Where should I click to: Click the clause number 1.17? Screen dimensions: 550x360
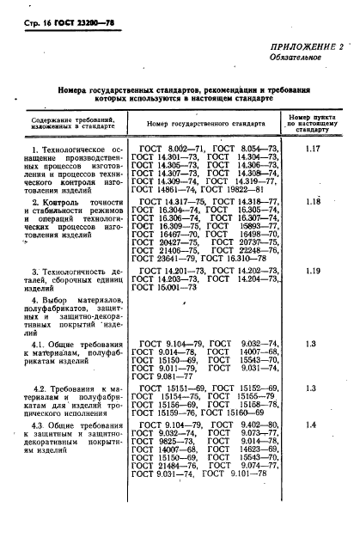point(313,150)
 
